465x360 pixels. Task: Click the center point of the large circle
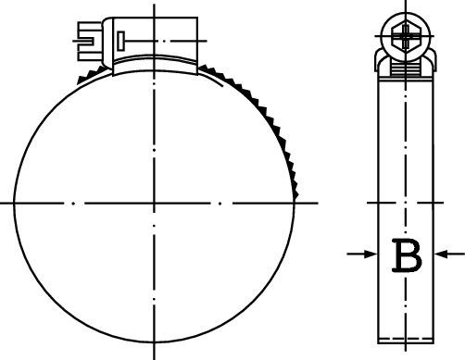pyautogui.click(x=153, y=201)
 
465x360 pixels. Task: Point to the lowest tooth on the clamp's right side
pyautogui.click(x=296, y=193)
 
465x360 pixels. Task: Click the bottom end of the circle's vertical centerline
pyautogui.click(x=153, y=357)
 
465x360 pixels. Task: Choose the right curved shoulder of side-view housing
pyautogui.click(x=433, y=60)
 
